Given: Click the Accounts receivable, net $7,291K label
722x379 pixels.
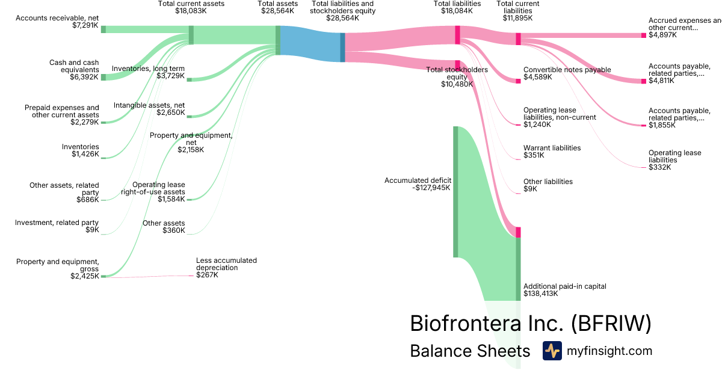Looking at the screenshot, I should (x=57, y=22).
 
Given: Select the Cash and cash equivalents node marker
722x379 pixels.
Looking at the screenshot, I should (x=103, y=77).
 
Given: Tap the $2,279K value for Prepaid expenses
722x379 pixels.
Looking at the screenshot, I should (x=84, y=123).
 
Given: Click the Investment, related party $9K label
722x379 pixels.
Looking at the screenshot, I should (x=57, y=226).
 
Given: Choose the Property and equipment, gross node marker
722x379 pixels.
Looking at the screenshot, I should (x=103, y=276).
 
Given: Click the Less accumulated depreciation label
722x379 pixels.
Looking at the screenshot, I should (x=226, y=264).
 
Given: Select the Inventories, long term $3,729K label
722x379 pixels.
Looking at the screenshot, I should (x=149, y=72).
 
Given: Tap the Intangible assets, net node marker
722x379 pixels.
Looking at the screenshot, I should (x=189, y=116).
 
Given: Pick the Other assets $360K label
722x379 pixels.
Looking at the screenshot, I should (x=164, y=227).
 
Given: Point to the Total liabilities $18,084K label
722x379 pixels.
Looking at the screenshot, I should (x=457, y=7).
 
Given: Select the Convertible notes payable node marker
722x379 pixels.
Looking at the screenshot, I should (x=518, y=81).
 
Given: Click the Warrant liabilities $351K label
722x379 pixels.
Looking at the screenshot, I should (x=552, y=151).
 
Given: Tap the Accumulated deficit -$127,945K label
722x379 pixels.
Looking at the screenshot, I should (x=418, y=183).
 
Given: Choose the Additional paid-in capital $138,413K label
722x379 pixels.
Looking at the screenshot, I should (x=564, y=290).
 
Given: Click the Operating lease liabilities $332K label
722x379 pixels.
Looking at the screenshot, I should (x=674, y=160).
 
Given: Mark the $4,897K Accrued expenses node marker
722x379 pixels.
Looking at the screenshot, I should (x=643, y=35).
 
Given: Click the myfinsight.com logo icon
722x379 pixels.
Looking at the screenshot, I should (x=552, y=351).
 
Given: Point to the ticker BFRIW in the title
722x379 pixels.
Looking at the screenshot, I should (x=610, y=323).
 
